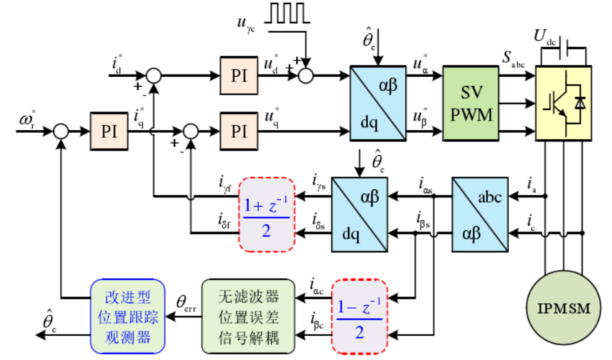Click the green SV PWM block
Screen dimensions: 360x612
[x=471, y=103]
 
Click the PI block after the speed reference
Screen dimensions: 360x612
[x=109, y=131]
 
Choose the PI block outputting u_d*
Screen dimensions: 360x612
[x=239, y=75]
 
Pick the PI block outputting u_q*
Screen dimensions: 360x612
[x=239, y=131]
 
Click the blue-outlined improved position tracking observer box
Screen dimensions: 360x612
[x=128, y=315]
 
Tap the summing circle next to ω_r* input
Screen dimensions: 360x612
[x=61, y=131]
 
